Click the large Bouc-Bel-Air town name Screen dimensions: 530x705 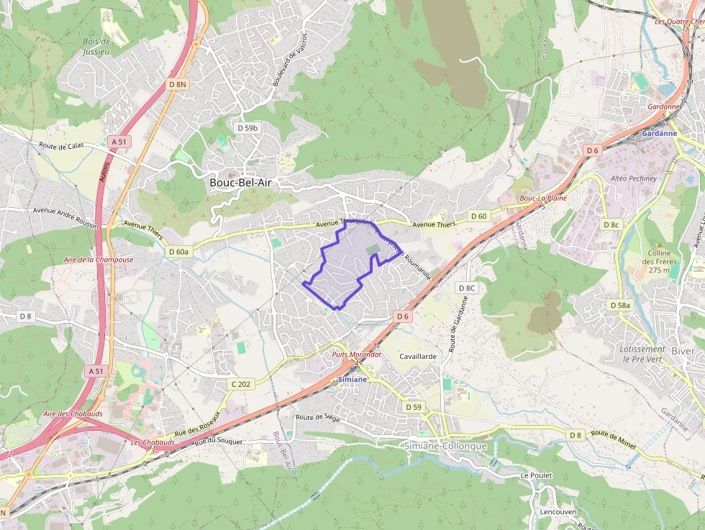(x=241, y=183)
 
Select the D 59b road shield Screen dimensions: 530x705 (x=247, y=127)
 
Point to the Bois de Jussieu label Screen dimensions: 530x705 (x=96, y=47)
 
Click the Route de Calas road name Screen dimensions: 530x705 (x=62, y=145)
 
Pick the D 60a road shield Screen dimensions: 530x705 (x=178, y=252)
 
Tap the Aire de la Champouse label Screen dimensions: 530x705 (x=99, y=259)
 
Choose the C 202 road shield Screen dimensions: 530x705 (x=241, y=384)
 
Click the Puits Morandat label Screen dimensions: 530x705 (x=356, y=355)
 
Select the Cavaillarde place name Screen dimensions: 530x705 (x=419, y=356)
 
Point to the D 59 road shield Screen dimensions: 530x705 (x=413, y=407)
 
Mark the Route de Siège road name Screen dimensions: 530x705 (x=317, y=416)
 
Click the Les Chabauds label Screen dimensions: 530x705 (x=153, y=442)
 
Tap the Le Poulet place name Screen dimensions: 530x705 (x=536, y=475)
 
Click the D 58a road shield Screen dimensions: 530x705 (x=619, y=305)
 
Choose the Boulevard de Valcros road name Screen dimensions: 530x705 (x=290, y=59)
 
